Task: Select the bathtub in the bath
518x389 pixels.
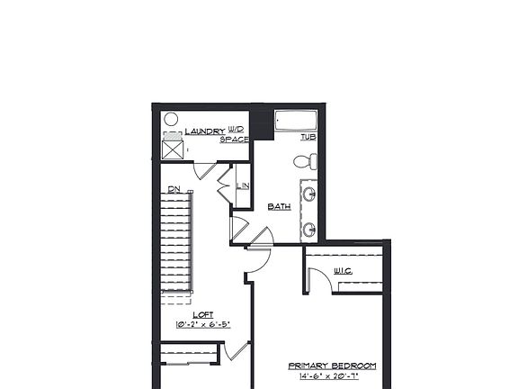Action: click(x=295, y=122)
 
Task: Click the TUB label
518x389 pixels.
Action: click(x=308, y=137)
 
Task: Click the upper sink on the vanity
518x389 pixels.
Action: click(x=309, y=194)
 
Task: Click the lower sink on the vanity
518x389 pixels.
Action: click(x=309, y=230)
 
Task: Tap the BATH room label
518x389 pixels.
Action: click(x=279, y=207)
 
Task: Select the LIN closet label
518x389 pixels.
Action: click(x=242, y=186)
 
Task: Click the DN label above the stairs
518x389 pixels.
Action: click(x=174, y=190)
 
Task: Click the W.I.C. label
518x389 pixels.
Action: click(x=343, y=270)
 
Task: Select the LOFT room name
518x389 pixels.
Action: click(x=203, y=314)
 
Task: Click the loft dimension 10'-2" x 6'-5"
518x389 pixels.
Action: click(x=203, y=324)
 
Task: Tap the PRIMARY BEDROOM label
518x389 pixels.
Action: click(x=332, y=366)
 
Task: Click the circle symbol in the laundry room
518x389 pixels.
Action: click(x=171, y=119)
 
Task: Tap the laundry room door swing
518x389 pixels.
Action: click(x=205, y=170)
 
